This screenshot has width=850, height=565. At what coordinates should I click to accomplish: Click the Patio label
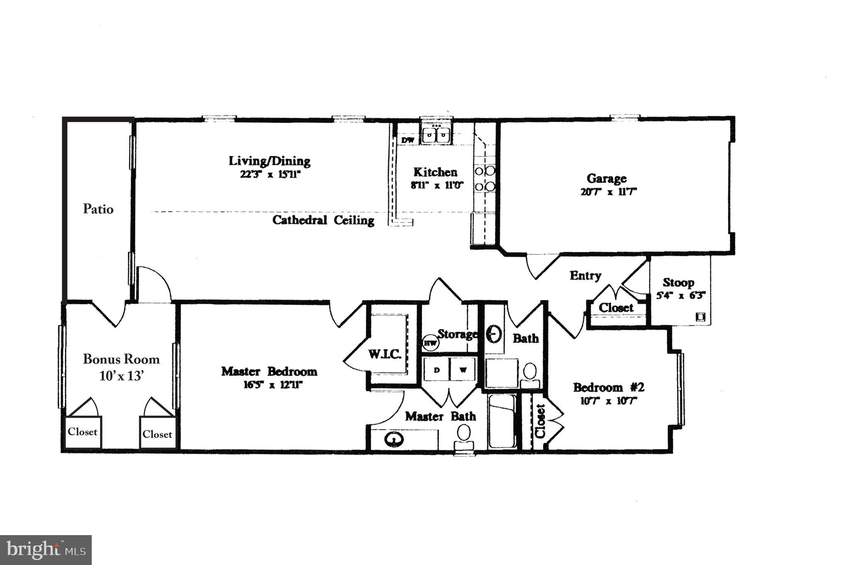pos(98,209)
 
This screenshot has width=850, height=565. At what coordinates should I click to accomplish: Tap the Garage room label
pos(606,179)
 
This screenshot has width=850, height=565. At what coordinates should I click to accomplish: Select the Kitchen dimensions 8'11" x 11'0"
pos(437,185)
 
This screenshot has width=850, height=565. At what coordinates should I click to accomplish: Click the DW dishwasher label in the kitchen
pos(408,140)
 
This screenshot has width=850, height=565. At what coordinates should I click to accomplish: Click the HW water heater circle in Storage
pos(430,343)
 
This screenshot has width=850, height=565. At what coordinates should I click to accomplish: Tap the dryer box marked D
pos(436,369)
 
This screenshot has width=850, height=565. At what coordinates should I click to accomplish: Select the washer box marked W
pos(463,369)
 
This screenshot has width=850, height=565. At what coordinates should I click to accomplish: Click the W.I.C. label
pos(385,355)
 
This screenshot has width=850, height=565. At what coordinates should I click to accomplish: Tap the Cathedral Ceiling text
pos(323,220)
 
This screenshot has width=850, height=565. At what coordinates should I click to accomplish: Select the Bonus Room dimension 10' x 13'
pos(121,376)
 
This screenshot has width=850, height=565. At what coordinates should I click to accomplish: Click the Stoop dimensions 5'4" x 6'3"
pos(681,296)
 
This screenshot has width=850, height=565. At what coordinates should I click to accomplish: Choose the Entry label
pos(585,276)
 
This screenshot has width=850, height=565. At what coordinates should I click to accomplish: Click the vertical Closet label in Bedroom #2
pos(540,421)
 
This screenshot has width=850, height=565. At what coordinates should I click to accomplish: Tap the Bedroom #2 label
pos(608,387)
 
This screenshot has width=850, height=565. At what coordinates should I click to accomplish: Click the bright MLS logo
pos(46,550)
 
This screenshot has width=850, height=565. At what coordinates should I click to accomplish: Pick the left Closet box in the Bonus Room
pos(83,432)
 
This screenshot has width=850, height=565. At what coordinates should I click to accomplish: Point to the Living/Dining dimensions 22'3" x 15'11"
pos(270,174)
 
